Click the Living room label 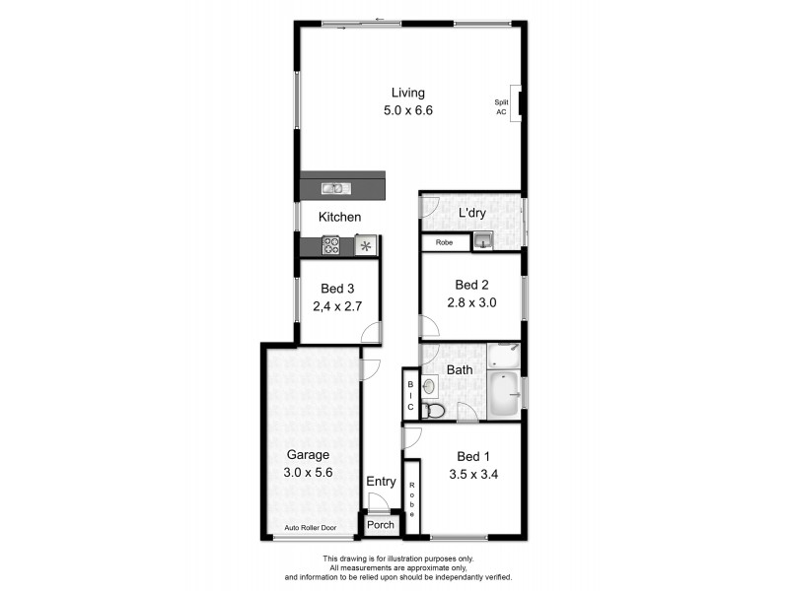(408, 94)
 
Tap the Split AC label (501, 106)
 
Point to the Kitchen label (339, 217)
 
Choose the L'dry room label (472, 213)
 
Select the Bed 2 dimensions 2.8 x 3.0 (468, 303)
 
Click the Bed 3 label (336, 289)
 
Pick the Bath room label (460, 370)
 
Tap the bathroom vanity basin (430, 387)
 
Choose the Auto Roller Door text (310, 529)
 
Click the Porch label (380, 525)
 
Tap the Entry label (381, 482)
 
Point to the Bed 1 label (473, 456)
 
